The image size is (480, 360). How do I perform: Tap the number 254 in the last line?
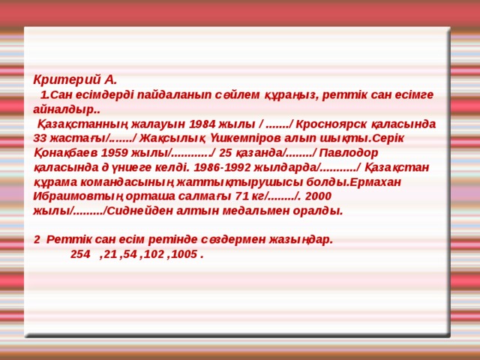point(79,255)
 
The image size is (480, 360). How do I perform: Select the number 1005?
point(185,255)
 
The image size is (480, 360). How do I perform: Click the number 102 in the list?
point(152,255)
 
